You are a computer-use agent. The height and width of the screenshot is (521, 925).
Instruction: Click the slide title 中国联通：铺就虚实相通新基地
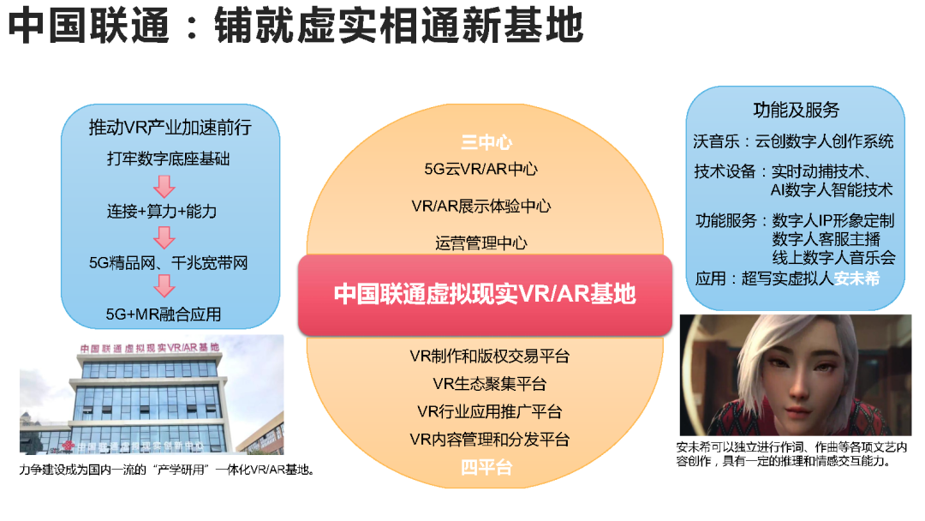[x=295, y=28]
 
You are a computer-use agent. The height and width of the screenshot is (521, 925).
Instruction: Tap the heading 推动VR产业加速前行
[x=170, y=129]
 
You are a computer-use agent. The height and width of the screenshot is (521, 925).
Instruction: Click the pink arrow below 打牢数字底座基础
[x=163, y=185]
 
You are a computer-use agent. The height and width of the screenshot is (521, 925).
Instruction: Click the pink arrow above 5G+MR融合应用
[x=163, y=287]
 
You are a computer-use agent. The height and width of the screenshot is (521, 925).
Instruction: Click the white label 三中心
[x=486, y=143]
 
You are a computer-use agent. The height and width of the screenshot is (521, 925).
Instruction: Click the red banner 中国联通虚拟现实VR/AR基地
[x=485, y=294]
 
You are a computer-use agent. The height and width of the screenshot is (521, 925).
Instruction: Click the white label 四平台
[x=486, y=468]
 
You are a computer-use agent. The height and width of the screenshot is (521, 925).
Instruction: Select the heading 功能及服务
[x=796, y=111]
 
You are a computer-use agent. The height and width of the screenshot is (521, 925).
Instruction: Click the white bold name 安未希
[x=856, y=279]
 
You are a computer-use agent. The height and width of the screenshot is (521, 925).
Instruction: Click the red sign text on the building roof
[x=148, y=348]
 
